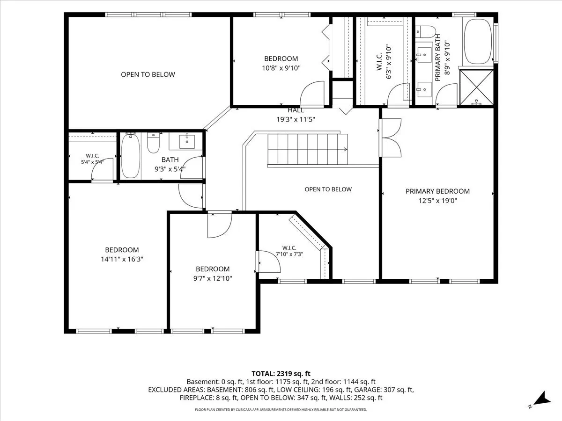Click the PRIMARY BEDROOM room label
437,191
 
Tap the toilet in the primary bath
425,32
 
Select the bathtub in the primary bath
478,41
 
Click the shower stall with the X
476,87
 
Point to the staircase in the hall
308,149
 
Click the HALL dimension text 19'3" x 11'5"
296,119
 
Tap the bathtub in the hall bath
131,156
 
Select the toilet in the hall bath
153,143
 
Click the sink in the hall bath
187,141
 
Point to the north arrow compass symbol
541,404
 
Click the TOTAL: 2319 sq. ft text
281,374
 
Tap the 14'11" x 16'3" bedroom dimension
122,259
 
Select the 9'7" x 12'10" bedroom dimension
213,278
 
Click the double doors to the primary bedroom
391,138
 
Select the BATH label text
170,160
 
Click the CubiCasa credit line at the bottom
281,409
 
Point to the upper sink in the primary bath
424,55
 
